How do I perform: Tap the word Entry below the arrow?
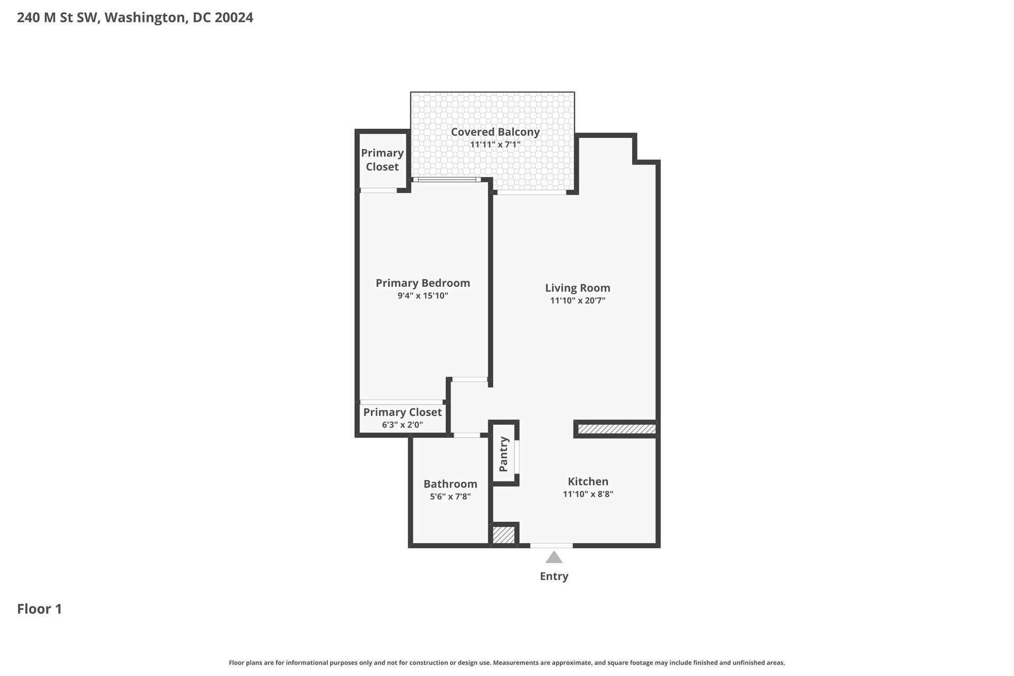pyautogui.click(x=553, y=576)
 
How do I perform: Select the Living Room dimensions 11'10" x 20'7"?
pyautogui.click(x=577, y=301)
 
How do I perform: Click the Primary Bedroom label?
pyautogui.click(x=422, y=283)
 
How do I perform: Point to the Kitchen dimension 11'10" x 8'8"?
pyautogui.click(x=588, y=494)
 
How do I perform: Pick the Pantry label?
pyautogui.click(x=503, y=454)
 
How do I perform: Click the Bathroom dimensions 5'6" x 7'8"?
pyautogui.click(x=450, y=496)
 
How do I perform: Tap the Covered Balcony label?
pyautogui.click(x=495, y=132)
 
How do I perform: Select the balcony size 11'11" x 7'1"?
pyautogui.click(x=495, y=145)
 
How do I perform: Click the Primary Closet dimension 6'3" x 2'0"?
pyautogui.click(x=402, y=425)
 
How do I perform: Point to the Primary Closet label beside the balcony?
pyautogui.click(x=382, y=159)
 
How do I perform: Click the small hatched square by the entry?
pyautogui.click(x=504, y=534)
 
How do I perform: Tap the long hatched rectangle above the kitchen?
pyautogui.click(x=616, y=429)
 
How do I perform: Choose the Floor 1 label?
pyautogui.click(x=40, y=609)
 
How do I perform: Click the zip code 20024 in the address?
pyautogui.click(x=234, y=17)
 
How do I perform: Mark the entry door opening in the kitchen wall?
pyautogui.click(x=551, y=546)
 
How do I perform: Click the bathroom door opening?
pyautogui.click(x=467, y=435)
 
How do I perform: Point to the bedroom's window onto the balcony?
pyautogui.click(x=447, y=180)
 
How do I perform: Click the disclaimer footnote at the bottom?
pyautogui.click(x=506, y=663)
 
